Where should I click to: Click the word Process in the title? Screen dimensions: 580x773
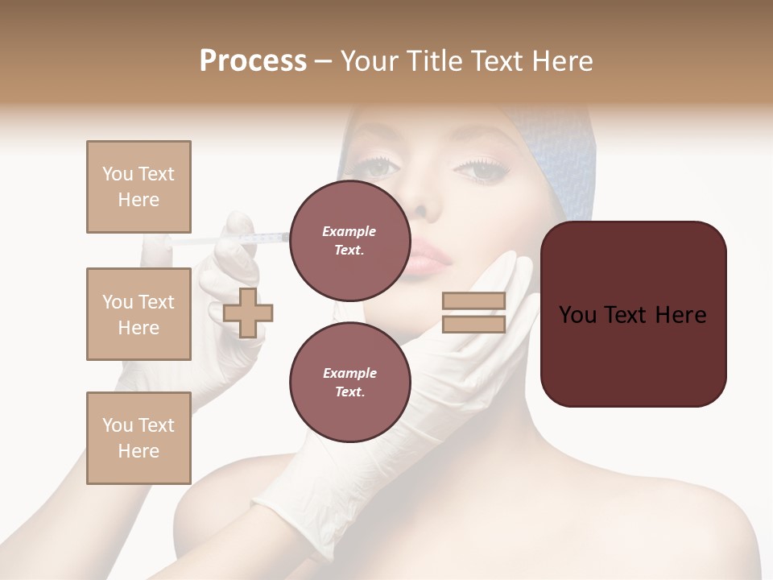pyautogui.click(x=253, y=60)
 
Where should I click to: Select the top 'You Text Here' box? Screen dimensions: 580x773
pyautogui.click(x=138, y=187)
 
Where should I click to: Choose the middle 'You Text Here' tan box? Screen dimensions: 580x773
pyautogui.click(x=138, y=314)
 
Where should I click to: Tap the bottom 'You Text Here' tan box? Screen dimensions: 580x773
pyautogui.click(x=138, y=438)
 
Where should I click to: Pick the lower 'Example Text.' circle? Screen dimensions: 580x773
pyautogui.click(x=349, y=382)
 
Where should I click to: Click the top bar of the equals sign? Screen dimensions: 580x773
pyautogui.click(x=474, y=301)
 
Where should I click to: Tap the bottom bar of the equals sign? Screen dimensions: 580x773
pyautogui.click(x=474, y=324)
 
